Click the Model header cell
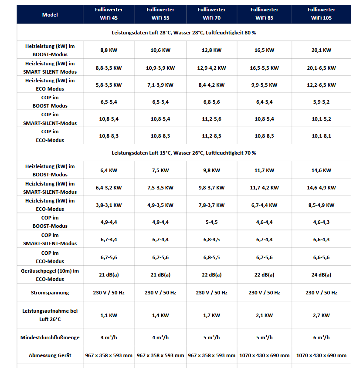pos(50,14)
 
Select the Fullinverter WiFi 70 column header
pos(211,14)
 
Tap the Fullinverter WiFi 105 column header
pos(321,14)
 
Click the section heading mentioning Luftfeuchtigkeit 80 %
pos(183,33)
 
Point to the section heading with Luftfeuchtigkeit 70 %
pos(183,153)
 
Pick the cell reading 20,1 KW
pos(321,50)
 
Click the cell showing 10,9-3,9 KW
pos(160,68)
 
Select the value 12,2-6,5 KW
pos(321,85)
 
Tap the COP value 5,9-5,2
pos(321,102)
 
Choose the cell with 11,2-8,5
pos(211,136)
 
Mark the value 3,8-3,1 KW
pos(109,205)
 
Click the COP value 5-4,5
pos(211,222)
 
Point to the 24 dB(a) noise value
pos(321,275)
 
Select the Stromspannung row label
pos(50,293)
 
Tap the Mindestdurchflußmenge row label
pos(50,338)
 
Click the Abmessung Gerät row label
pos(50,355)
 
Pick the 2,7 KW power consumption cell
pos(321,315)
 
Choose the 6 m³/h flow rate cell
pos(321,338)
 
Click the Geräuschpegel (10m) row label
pos(50,275)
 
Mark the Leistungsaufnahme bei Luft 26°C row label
pos(50,315)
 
